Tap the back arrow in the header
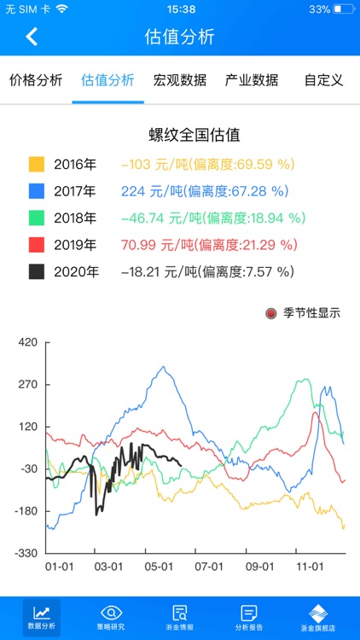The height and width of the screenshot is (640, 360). pos(32,37)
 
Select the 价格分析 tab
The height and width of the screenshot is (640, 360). pos(36,80)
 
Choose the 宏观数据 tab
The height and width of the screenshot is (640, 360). pos(180,80)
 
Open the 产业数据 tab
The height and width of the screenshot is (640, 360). pos(252,80)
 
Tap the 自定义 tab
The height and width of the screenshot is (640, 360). pos(323,80)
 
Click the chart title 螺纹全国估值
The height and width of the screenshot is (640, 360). pos(195,135)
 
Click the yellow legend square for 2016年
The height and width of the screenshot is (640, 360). pos(37,164)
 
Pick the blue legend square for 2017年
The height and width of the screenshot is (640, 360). pos(37,191)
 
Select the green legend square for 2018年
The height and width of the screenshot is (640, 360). pos(37,218)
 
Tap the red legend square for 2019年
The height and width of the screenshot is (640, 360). pos(37,245)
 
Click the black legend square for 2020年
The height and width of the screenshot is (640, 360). pos(37,272)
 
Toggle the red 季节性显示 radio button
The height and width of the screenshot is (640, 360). pos(271,313)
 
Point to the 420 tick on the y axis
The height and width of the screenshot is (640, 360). pos(28,343)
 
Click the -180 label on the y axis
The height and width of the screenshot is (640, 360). pos(26,511)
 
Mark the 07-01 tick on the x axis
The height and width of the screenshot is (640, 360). pos(209,566)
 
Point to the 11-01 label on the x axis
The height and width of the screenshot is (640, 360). pos(310,566)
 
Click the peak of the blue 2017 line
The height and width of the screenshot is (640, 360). pos(164,368)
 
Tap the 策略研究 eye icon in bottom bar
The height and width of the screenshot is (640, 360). pos(112,613)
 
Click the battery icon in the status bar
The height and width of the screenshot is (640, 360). pos(343,9)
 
